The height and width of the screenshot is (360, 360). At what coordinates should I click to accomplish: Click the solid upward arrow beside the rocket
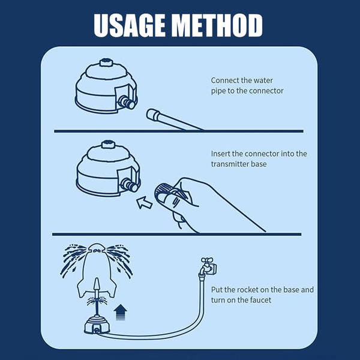120,310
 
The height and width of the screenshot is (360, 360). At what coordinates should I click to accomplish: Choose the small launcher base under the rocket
96,324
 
